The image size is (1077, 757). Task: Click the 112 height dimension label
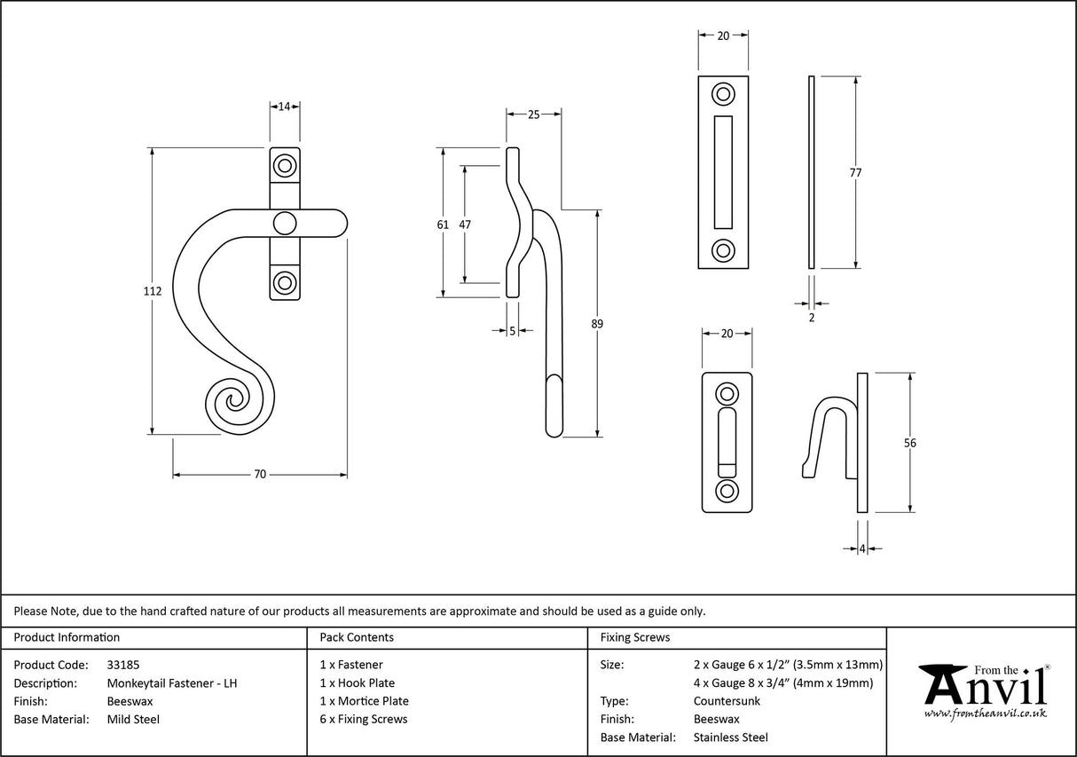click(x=153, y=292)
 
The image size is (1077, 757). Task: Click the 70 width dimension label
click(x=260, y=475)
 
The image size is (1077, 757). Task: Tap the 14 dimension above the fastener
click(x=285, y=106)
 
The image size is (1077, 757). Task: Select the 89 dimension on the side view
click(x=597, y=324)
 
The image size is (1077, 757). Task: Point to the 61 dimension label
click(x=443, y=225)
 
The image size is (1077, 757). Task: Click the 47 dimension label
click(x=465, y=225)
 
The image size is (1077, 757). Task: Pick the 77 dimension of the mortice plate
click(x=855, y=173)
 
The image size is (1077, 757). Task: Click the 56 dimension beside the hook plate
click(x=909, y=444)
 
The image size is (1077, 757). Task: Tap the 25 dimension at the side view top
click(x=533, y=114)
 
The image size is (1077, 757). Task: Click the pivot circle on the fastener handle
click(x=285, y=223)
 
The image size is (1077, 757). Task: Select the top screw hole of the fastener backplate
click(x=285, y=165)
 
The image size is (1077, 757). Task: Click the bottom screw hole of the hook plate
click(x=727, y=491)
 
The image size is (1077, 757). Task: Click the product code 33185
click(x=123, y=664)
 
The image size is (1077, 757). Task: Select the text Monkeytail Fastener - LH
click(x=172, y=682)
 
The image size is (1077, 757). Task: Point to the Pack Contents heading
click(x=357, y=637)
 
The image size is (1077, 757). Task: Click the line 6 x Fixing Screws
click(x=364, y=719)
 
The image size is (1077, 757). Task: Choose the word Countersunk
click(x=727, y=700)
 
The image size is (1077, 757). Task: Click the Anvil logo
click(x=983, y=690)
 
